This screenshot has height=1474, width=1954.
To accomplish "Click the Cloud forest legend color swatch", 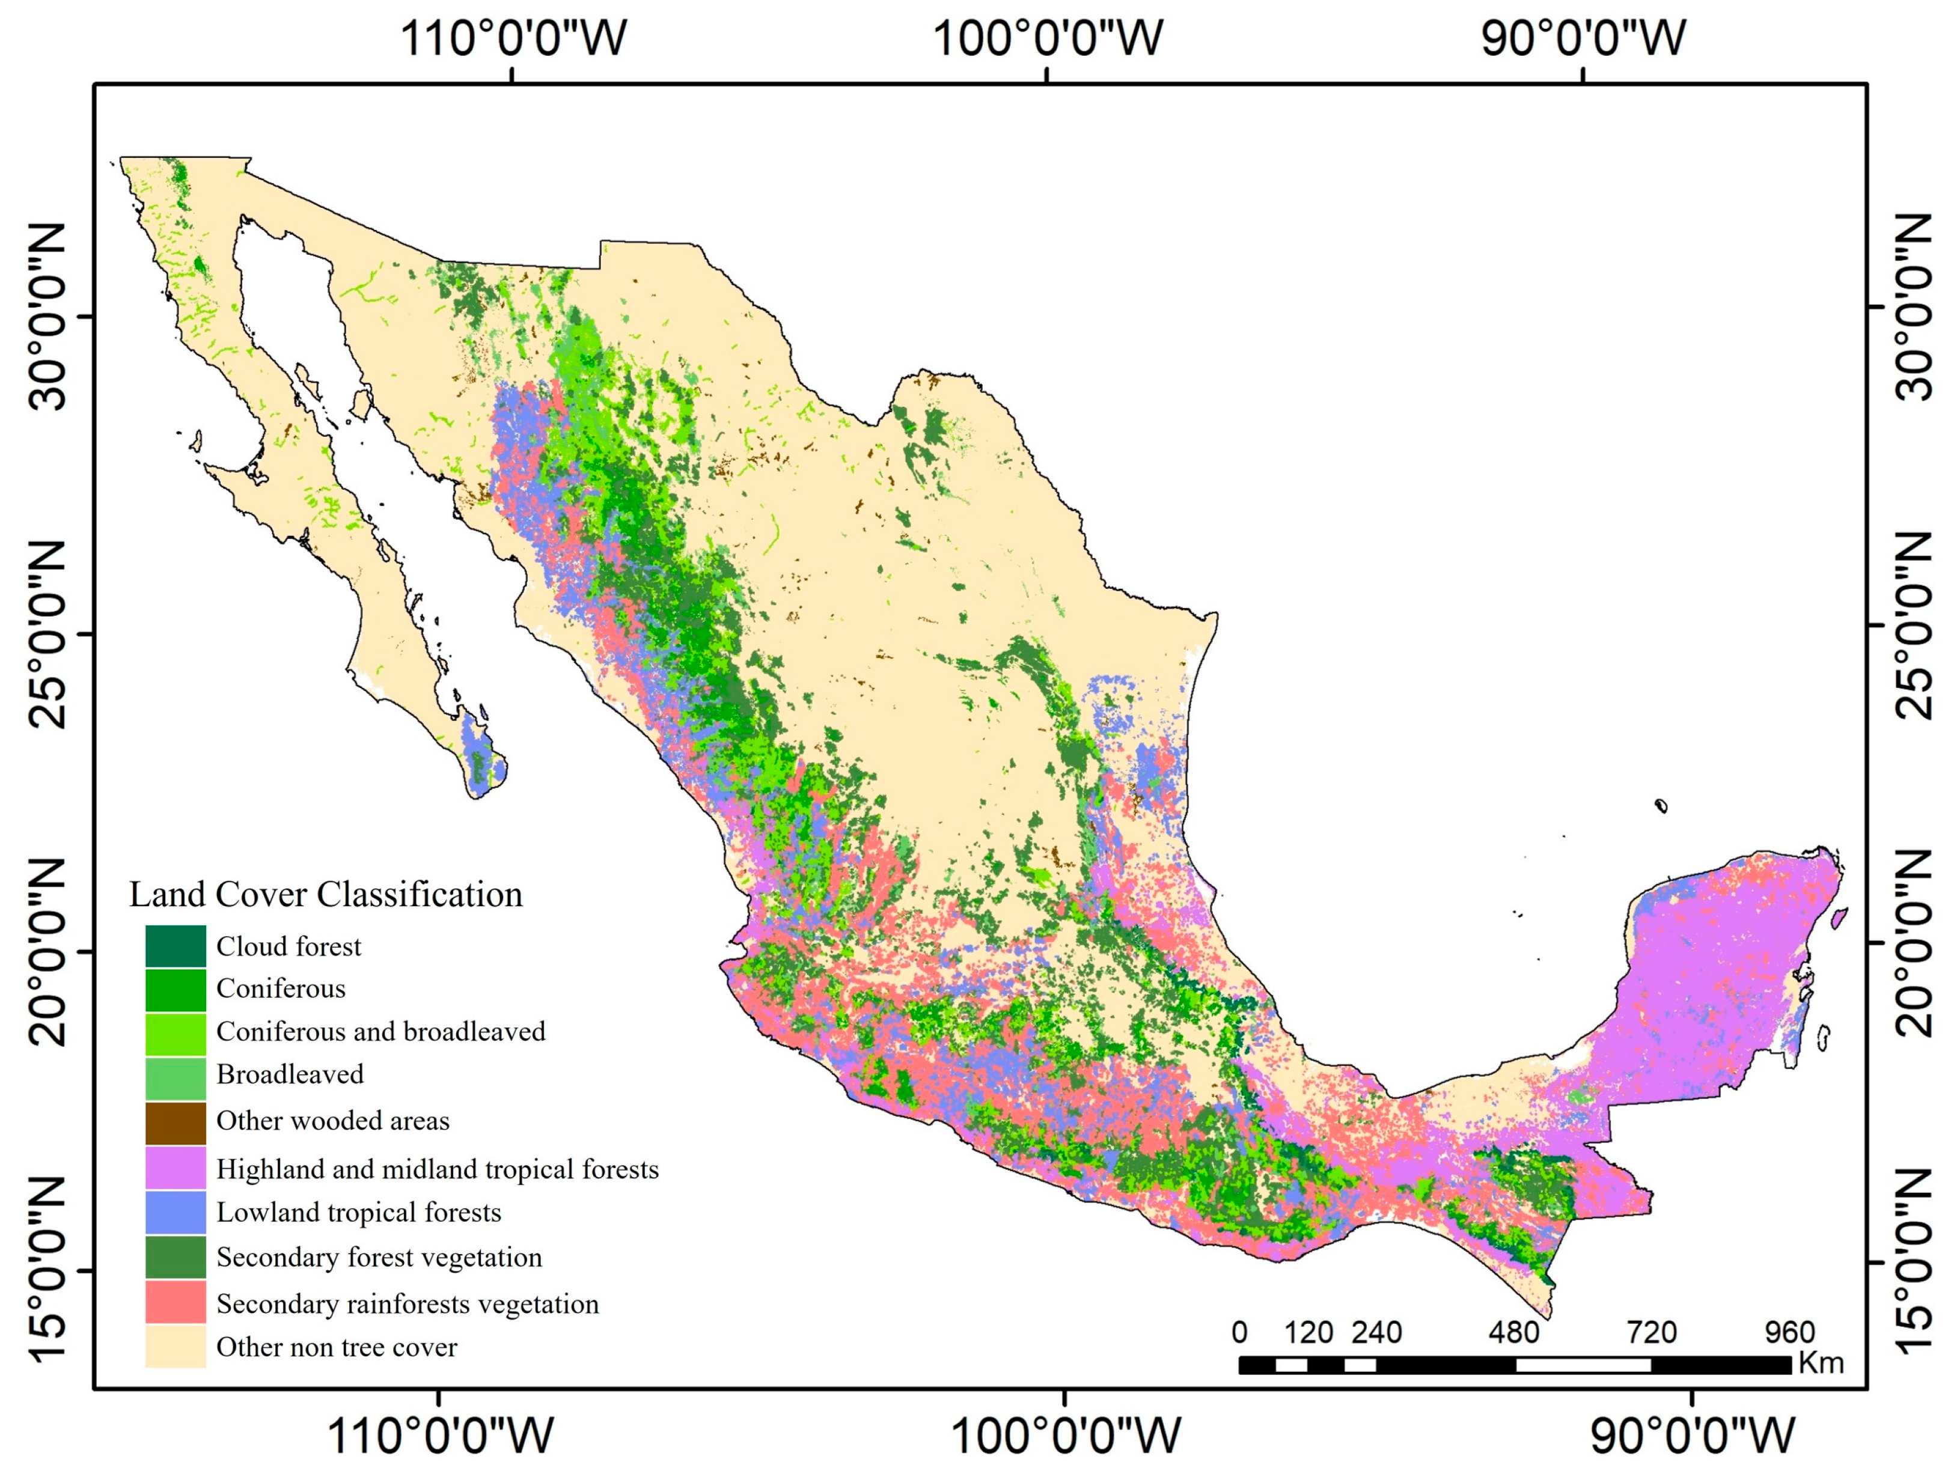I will point(176,946).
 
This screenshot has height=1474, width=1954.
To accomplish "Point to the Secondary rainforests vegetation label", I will point(408,1303).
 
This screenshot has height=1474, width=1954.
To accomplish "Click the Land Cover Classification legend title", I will point(326,895).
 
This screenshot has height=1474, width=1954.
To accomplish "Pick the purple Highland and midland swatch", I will point(176,1168).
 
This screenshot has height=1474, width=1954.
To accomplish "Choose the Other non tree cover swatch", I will point(176,1347).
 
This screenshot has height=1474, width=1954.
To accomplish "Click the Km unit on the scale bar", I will point(1821,1363).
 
